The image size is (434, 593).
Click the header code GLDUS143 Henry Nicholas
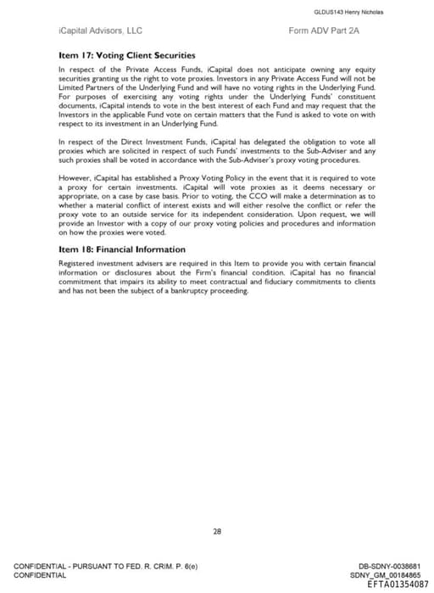(349, 12)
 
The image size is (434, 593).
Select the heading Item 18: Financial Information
(122, 249)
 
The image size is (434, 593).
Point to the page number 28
(217, 531)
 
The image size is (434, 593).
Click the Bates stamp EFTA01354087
(398, 585)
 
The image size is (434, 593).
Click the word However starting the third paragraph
(74, 178)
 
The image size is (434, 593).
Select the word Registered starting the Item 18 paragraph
(78, 262)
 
